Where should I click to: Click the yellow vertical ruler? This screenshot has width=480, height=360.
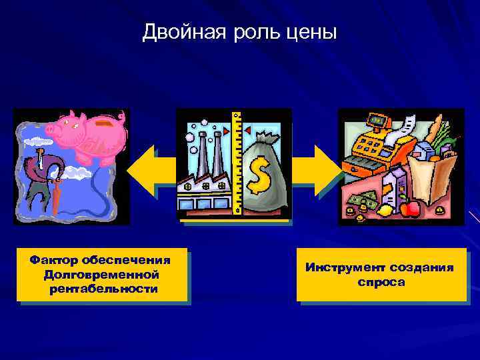click(x=236, y=163)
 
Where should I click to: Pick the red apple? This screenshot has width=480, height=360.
click(x=411, y=209)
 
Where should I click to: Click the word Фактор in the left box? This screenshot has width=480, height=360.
click(x=55, y=259)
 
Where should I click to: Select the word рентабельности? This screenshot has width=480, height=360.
click(x=103, y=289)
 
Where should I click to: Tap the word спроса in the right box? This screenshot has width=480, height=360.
click(x=381, y=281)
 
